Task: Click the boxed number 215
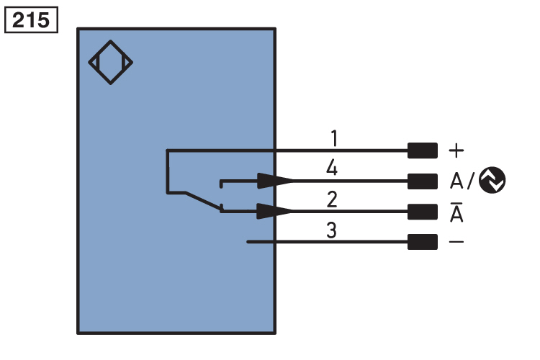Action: pyautogui.click(x=30, y=20)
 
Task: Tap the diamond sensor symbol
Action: pyautogui.click(x=111, y=63)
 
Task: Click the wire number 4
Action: pyautogui.click(x=332, y=168)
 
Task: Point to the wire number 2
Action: pyautogui.click(x=332, y=198)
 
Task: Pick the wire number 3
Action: pyautogui.click(x=332, y=230)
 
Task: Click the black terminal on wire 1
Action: pyautogui.click(x=422, y=150)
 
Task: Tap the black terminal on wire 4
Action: pyautogui.click(x=422, y=181)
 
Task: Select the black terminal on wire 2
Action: pyautogui.click(x=422, y=211)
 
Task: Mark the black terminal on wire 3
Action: pyautogui.click(x=422, y=242)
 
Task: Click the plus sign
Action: pyautogui.click(x=456, y=150)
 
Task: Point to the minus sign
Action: pyautogui.click(x=456, y=242)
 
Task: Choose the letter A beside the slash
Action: pyautogui.click(x=456, y=181)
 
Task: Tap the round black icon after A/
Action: pyautogui.click(x=492, y=181)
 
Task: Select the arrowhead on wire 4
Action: pyautogui.click(x=275, y=181)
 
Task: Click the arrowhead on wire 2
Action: pyautogui.click(x=275, y=211)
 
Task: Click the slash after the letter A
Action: pyautogui.click(x=472, y=181)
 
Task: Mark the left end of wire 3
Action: pyautogui.click(x=248, y=242)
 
